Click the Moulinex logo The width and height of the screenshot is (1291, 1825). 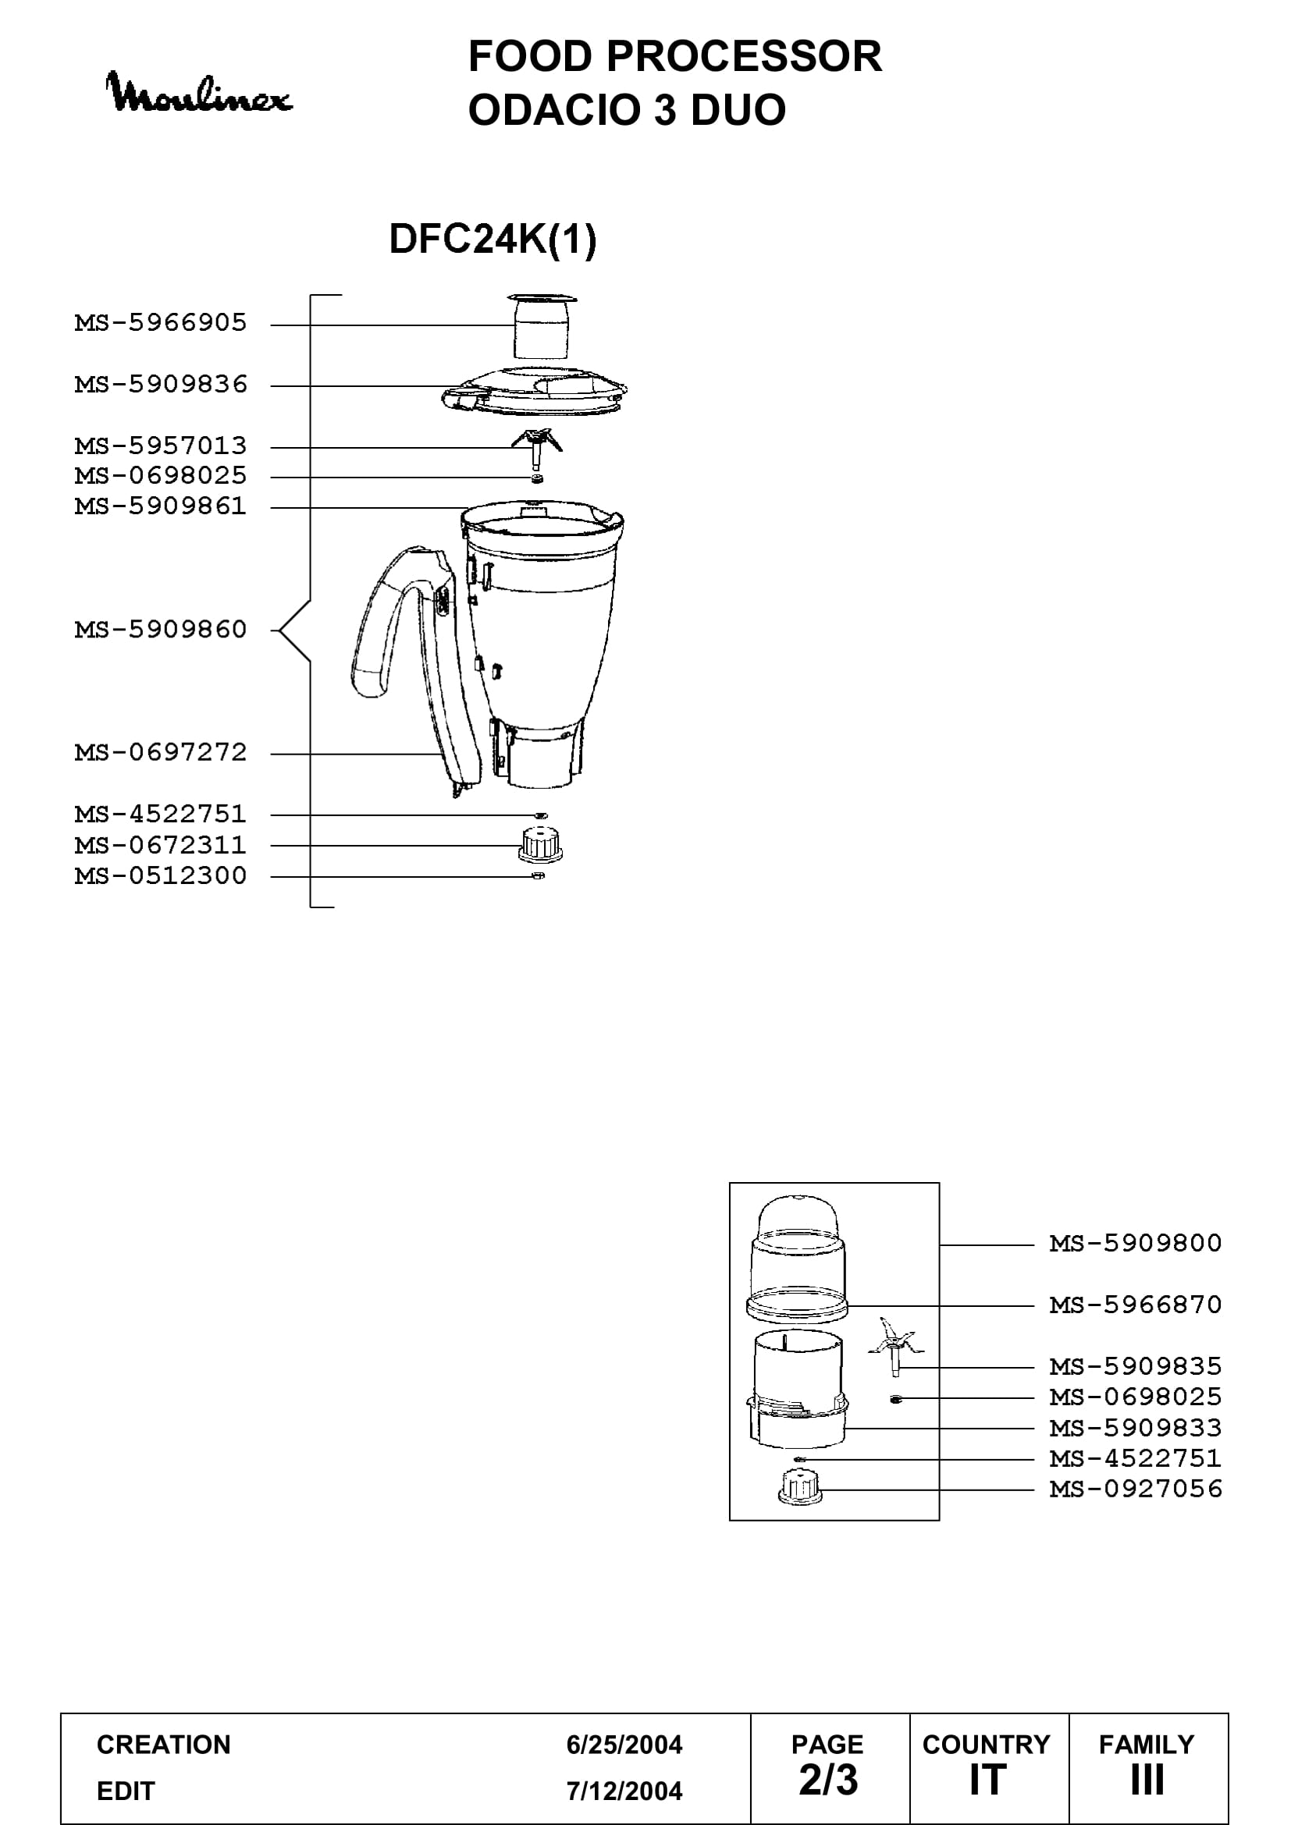[x=199, y=93]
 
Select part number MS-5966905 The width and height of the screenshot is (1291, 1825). [x=161, y=323]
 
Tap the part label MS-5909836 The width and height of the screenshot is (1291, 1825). [x=161, y=385]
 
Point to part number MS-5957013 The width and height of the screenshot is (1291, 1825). [x=161, y=446]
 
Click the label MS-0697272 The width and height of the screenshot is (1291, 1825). [x=161, y=753]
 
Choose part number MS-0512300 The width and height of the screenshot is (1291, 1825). [x=161, y=876]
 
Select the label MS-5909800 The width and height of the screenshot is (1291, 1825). [x=1136, y=1243]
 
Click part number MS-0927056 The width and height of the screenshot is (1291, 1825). [x=1136, y=1489]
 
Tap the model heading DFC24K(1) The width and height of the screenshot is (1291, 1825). [x=493, y=239]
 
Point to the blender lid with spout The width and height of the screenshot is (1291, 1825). [x=534, y=390]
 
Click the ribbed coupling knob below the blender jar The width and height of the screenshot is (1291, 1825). [x=541, y=844]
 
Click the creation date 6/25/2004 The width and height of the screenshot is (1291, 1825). [x=624, y=1745]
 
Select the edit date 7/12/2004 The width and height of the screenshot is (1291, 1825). [x=624, y=1791]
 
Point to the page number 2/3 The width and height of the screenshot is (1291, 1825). [x=828, y=1781]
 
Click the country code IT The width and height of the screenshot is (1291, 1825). [x=987, y=1781]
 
